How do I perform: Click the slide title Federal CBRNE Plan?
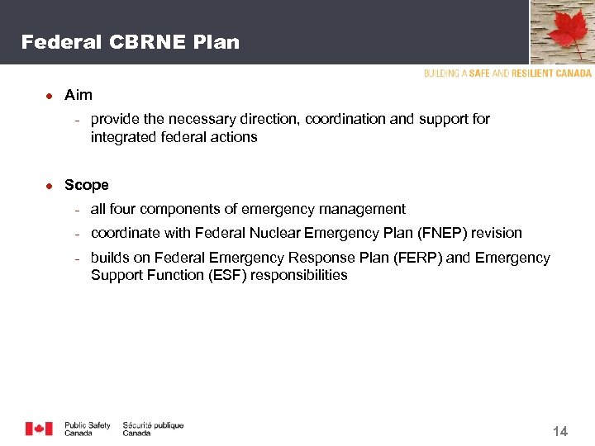click(131, 42)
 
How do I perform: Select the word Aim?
click(79, 95)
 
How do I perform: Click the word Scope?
click(87, 185)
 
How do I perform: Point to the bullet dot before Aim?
click(49, 96)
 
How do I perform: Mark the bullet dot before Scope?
click(49, 186)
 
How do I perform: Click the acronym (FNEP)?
click(445, 233)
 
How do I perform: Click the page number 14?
click(559, 431)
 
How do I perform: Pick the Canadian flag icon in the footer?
click(39, 429)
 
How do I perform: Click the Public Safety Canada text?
click(87, 429)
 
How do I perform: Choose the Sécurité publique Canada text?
click(153, 429)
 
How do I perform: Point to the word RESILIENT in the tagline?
click(535, 74)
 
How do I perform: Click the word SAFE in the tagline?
click(479, 74)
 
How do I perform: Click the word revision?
click(497, 233)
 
